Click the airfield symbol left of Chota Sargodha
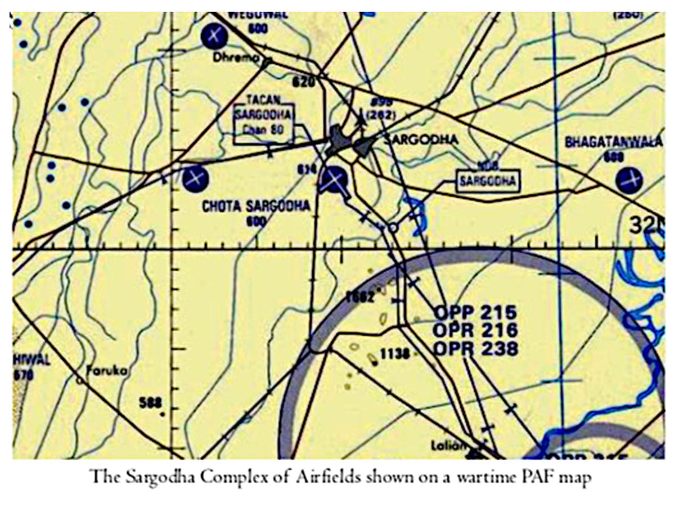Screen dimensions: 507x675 pos(195,179)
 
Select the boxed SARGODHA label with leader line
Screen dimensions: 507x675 pos(487,181)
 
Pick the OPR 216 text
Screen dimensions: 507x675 pos(475,330)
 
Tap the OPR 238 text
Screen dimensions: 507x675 pos(475,348)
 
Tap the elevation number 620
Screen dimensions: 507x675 pos(302,82)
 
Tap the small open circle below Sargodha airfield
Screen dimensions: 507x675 pos(393,227)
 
